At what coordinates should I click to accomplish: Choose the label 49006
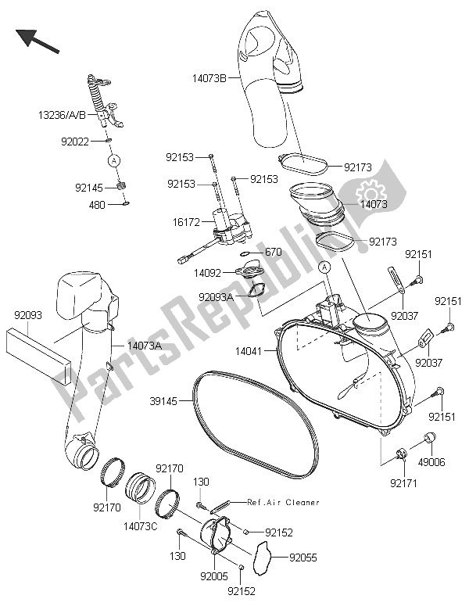(431, 462)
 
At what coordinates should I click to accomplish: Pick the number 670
(273, 252)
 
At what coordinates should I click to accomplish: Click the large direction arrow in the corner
(36, 39)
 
